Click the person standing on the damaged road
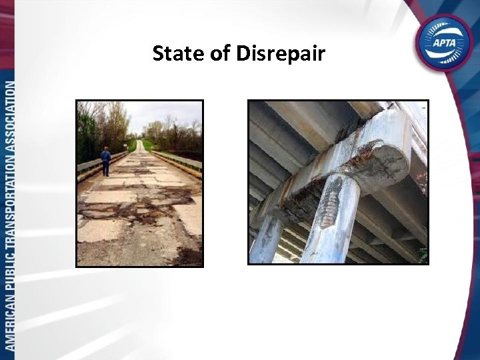click(x=105, y=161)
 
